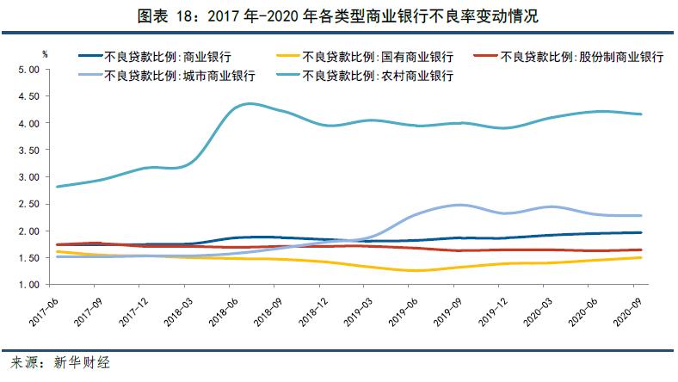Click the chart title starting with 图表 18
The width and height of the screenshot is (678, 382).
pyautogui.click(x=338, y=15)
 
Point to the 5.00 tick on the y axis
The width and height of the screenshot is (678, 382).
pyautogui.click(x=29, y=70)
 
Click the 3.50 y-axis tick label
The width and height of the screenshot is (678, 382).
pyautogui.click(x=29, y=150)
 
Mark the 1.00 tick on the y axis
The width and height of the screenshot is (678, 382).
pyautogui.click(x=29, y=285)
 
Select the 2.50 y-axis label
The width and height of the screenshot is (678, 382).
pyautogui.click(x=29, y=204)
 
